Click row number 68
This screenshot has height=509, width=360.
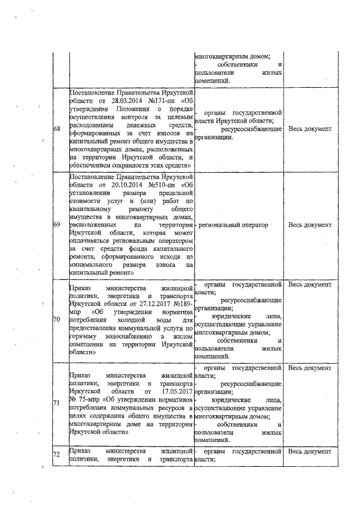(x=57, y=129)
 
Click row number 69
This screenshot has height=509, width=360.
(x=57, y=225)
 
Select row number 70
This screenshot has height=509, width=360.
(x=57, y=320)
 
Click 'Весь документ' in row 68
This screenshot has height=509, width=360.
(x=309, y=129)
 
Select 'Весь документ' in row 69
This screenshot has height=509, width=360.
(x=309, y=225)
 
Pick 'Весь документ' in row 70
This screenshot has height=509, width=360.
(x=309, y=285)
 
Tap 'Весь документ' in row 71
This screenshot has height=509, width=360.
(x=309, y=368)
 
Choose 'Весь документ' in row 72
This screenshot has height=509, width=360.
(x=309, y=452)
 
